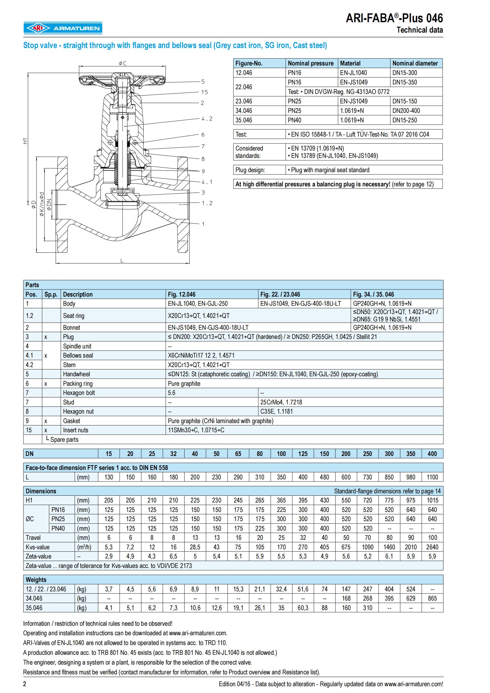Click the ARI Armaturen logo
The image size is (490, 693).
pyautogui.click(x=63, y=28)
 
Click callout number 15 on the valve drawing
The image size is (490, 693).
pyautogui.click(x=205, y=92)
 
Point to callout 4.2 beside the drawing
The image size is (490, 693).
pyautogui.click(x=207, y=119)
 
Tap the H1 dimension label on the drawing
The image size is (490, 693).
pyautogui.click(x=25, y=141)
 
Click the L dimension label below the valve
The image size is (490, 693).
pyautogui.click(x=122, y=260)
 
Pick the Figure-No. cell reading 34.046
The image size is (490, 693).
pyautogui.click(x=244, y=111)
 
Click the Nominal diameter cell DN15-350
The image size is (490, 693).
pyautogui.click(x=405, y=82)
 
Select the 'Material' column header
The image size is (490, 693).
pyautogui.click(x=350, y=63)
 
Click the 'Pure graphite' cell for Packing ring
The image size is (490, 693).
pyautogui.click(x=184, y=383)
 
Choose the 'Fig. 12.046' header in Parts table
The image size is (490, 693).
pyautogui.click(x=182, y=294)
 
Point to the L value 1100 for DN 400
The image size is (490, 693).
pyautogui.click(x=432, y=477)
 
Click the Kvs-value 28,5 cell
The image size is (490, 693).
pyautogui.click(x=195, y=547)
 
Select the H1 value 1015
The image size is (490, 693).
pyautogui.click(x=432, y=500)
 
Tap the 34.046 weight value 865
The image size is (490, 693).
pyautogui.click(x=432, y=598)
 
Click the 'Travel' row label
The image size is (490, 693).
pyautogui.click(x=33, y=537)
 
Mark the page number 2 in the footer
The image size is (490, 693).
pyautogui.click(x=25, y=684)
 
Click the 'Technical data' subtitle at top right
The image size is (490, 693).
pyautogui.click(x=419, y=30)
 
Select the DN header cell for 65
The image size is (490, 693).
pyautogui.click(x=238, y=454)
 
